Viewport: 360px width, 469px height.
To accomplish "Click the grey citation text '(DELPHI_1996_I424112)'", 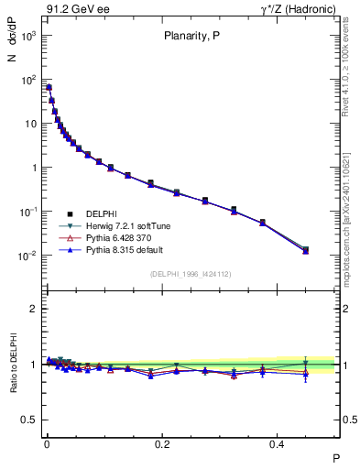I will coord(191,274).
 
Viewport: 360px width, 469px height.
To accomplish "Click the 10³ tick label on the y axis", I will coord(29,36).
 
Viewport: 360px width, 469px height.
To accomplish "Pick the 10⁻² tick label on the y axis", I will coord(29,256).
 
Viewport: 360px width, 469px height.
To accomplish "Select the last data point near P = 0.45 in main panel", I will coord(305,249).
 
